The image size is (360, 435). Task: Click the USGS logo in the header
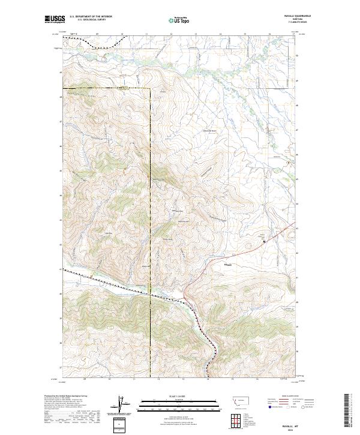(55, 20)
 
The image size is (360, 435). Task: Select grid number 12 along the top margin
(172, 34)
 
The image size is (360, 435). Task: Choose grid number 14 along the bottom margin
(208, 379)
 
